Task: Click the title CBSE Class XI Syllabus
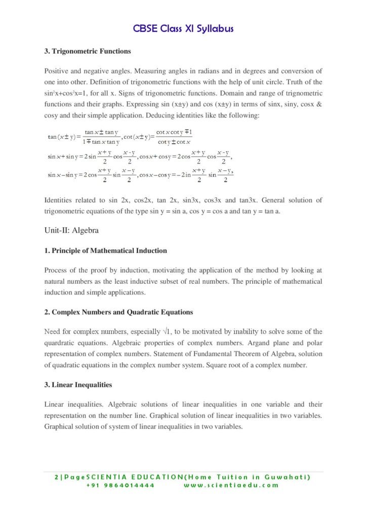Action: [183, 29]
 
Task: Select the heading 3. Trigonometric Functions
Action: [88, 51]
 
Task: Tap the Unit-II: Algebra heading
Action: [71, 231]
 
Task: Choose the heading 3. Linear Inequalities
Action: [78, 385]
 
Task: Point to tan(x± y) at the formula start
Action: [61, 137]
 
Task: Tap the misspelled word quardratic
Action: [63, 343]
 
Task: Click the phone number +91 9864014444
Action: [120, 485]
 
